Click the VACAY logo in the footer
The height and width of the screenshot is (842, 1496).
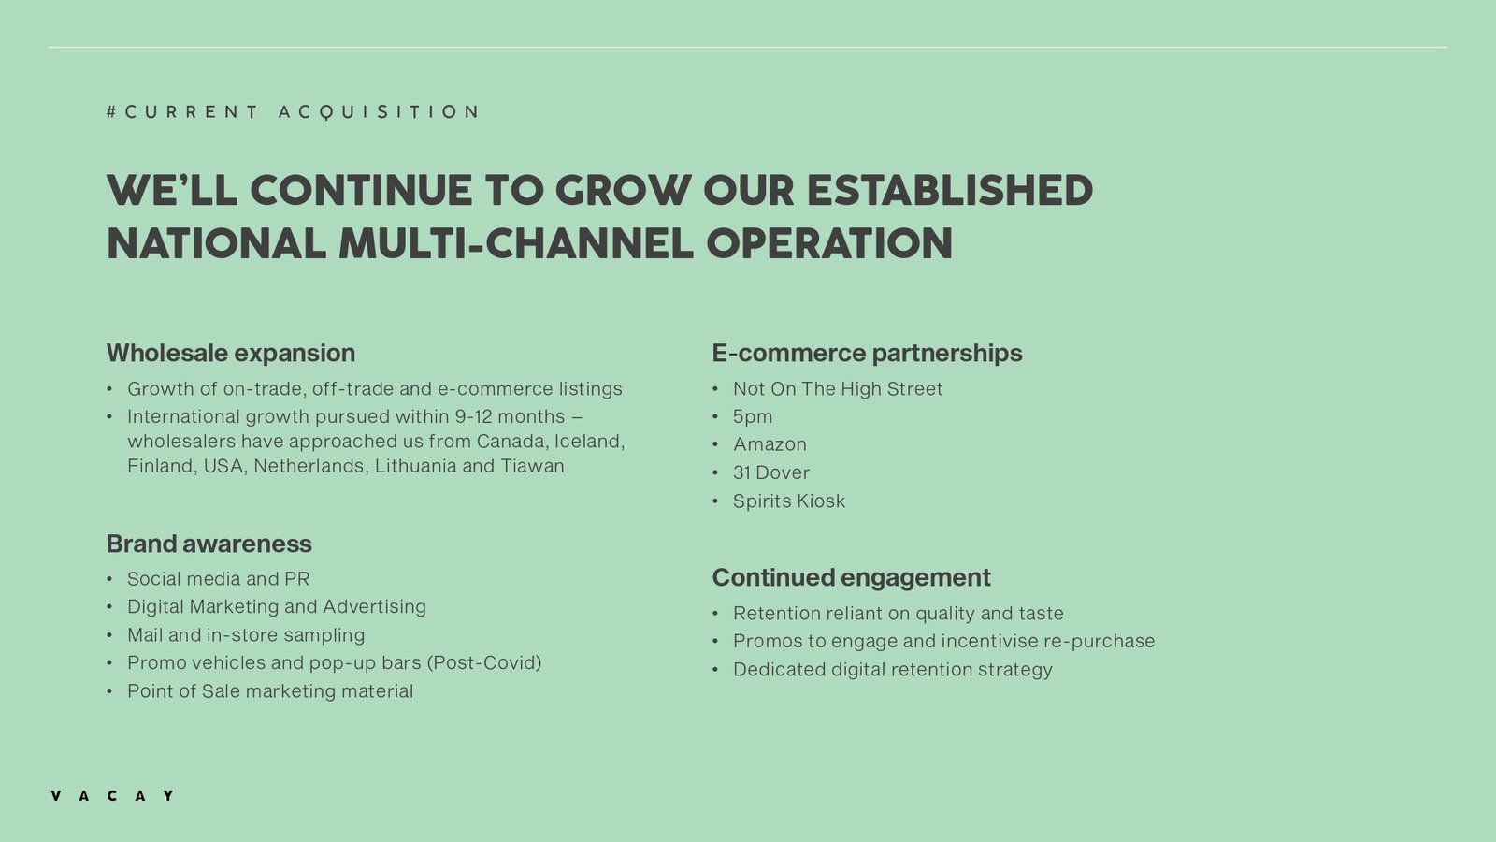112,795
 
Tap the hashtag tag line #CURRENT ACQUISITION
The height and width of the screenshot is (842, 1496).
293,111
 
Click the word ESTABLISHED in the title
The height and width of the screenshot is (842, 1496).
950,191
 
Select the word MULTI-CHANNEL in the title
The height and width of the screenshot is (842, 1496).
516,243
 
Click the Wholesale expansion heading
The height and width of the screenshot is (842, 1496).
230,353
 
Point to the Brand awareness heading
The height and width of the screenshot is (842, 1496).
209,544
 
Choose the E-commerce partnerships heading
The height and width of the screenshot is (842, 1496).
867,353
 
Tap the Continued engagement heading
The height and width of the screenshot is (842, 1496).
851,577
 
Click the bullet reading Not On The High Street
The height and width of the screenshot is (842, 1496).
838,389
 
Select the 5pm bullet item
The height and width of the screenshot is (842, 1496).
753,417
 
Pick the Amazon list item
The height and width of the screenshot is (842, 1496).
770,444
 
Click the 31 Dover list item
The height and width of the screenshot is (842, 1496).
770,472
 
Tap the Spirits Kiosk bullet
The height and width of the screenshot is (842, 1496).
789,501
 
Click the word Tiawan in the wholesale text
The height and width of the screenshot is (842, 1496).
532,466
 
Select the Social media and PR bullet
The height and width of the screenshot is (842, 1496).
219,579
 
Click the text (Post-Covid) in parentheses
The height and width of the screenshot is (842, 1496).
484,663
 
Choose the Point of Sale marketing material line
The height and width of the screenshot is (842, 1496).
270,691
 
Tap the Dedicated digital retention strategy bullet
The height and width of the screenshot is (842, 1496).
892,670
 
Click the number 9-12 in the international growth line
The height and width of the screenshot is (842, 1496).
473,416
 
